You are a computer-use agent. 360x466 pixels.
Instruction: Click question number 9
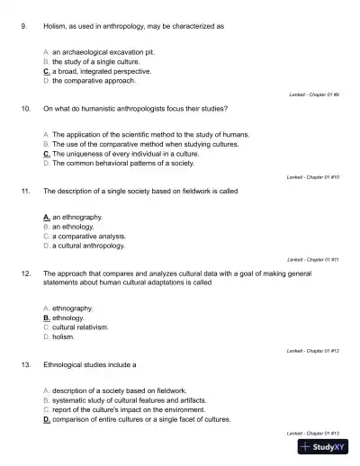[23, 26]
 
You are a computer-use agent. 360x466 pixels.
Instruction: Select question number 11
[25, 191]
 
